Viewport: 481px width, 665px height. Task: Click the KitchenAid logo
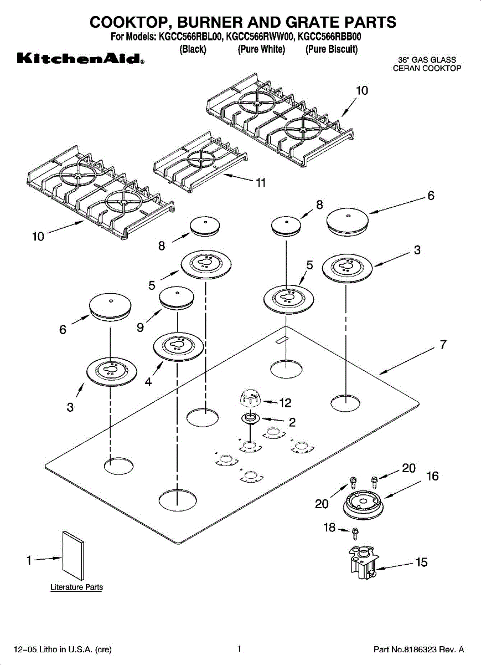[80, 58]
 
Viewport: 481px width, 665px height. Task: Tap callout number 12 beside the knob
[286, 403]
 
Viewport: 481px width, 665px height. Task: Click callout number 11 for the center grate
[261, 183]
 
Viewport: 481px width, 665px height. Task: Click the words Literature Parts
[76, 587]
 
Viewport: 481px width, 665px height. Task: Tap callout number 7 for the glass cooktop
[443, 345]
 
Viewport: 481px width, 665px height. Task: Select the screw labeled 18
[355, 533]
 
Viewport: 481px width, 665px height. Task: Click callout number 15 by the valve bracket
[422, 562]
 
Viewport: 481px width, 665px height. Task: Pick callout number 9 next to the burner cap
[141, 328]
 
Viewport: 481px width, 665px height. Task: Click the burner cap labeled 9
[177, 297]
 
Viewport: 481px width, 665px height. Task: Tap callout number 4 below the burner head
[148, 382]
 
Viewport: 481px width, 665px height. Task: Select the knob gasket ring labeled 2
[251, 418]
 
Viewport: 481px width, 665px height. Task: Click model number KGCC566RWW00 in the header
[260, 38]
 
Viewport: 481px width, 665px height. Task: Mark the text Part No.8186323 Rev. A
[418, 649]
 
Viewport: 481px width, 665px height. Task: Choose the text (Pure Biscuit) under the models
[332, 49]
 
